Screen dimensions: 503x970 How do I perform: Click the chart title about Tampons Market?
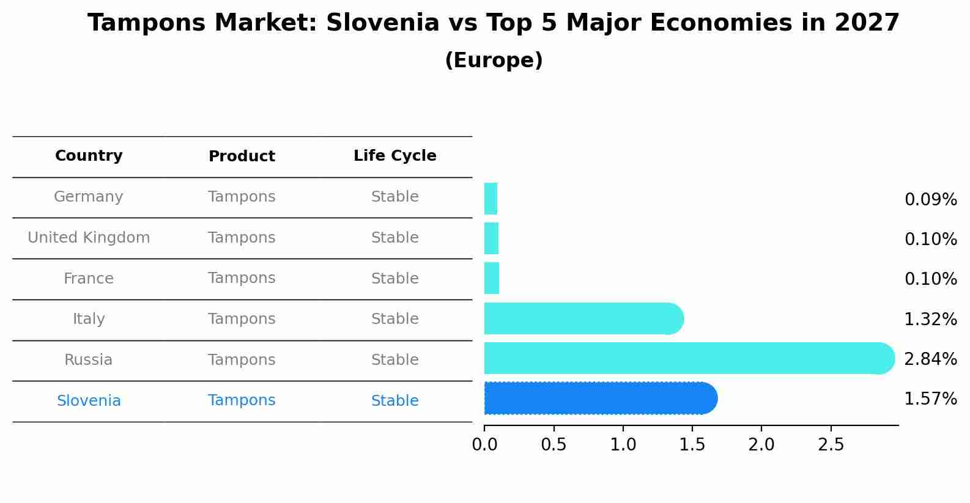point(494,23)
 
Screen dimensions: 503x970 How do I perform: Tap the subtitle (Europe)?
point(494,61)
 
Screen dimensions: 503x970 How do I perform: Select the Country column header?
point(89,156)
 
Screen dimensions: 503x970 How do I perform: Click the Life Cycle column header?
point(394,156)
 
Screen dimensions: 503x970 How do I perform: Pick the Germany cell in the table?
point(89,197)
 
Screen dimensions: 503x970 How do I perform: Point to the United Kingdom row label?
point(89,238)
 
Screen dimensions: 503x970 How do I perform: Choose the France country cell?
point(89,279)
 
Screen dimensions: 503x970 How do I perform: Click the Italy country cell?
point(89,319)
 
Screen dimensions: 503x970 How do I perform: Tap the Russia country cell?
point(89,360)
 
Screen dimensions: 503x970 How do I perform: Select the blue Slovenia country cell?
point(89,401)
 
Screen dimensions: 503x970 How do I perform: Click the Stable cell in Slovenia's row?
point(394,401)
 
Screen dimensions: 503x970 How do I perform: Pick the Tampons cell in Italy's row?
point(242,319)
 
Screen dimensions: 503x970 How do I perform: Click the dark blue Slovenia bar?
point(599,398)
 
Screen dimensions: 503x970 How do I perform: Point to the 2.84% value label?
point(930,359)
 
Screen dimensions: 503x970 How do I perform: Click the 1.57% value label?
point(930,399)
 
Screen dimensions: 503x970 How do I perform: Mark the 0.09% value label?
point(930,200)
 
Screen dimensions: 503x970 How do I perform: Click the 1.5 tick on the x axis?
point(692,444)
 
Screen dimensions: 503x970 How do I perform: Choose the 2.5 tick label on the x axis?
point(831,444)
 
